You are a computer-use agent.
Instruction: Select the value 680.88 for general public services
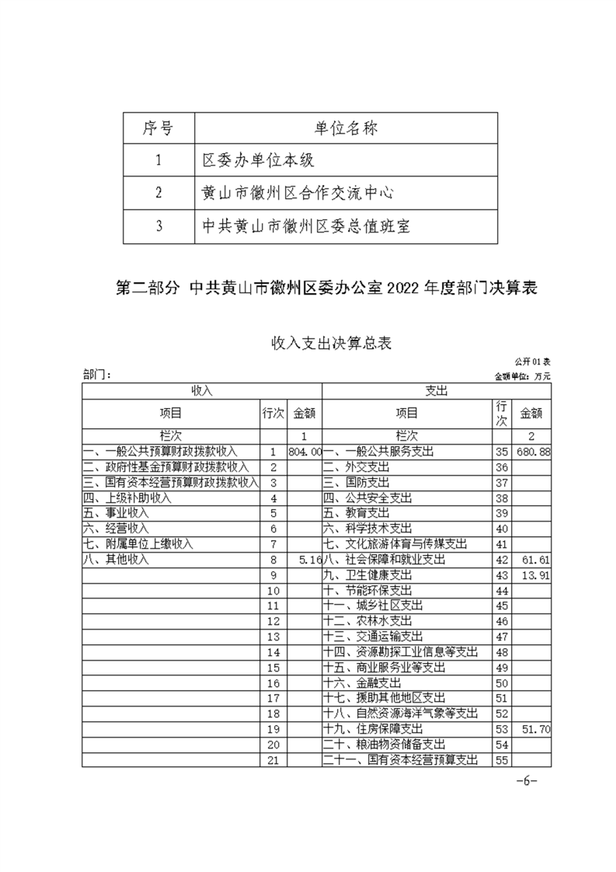pyautogui.click(x=534, y=452)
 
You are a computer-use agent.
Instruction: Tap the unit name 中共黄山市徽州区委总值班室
pyautogui.click(x=305, y=226)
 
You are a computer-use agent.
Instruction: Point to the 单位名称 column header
pyautogui.click(x=346, y=128)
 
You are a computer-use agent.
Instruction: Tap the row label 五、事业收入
pyautogui.click(x=116, y=514)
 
